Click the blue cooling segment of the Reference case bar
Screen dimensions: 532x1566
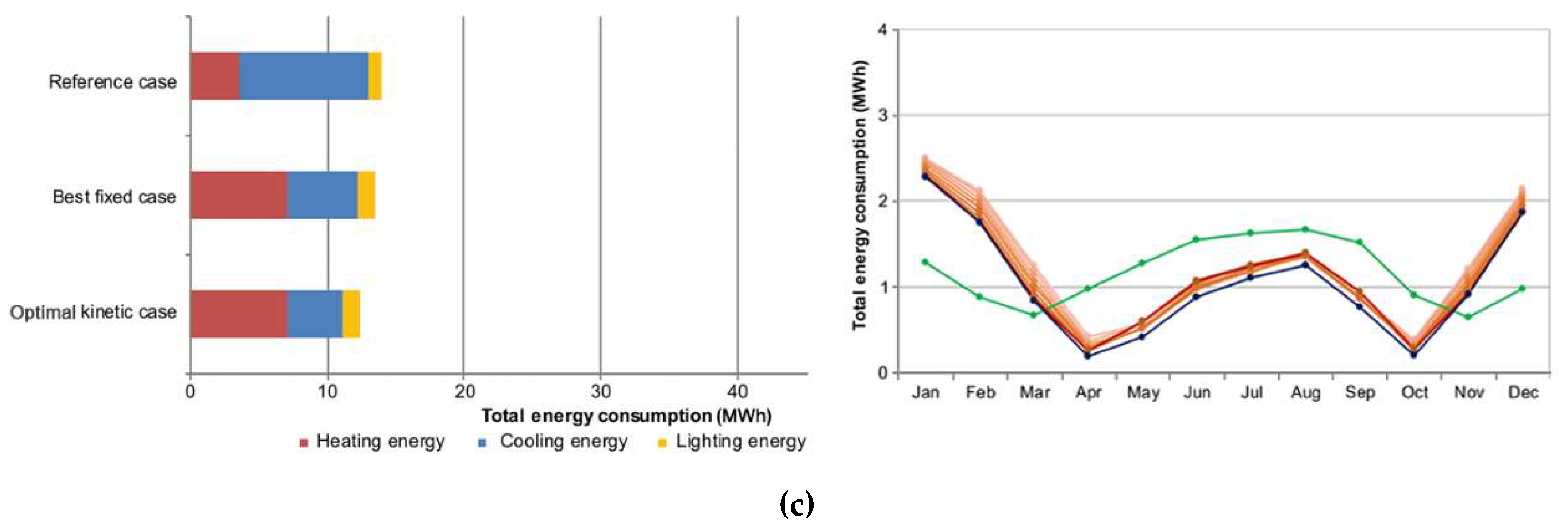point(304,76)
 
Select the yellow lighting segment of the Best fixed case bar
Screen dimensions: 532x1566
point(366,195)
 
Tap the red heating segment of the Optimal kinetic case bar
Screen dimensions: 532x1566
point(239,314)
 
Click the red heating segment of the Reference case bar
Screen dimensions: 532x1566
point(215,76)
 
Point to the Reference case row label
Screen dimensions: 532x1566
point(112,82)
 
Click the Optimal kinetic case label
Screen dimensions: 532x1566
point(93,312)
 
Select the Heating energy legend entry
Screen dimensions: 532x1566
point(372,441)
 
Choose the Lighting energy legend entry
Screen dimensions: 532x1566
point(732,441)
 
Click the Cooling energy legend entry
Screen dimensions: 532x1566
point(553,441)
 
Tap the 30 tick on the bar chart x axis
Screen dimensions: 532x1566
point(601,392)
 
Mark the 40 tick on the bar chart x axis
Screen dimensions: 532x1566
point(737,392)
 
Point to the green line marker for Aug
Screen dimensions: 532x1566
point(1304,229)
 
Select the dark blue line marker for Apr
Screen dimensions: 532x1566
point(1088,356)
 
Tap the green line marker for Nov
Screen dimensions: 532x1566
point(1468,317)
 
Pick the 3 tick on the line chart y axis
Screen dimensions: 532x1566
point(883,115)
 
